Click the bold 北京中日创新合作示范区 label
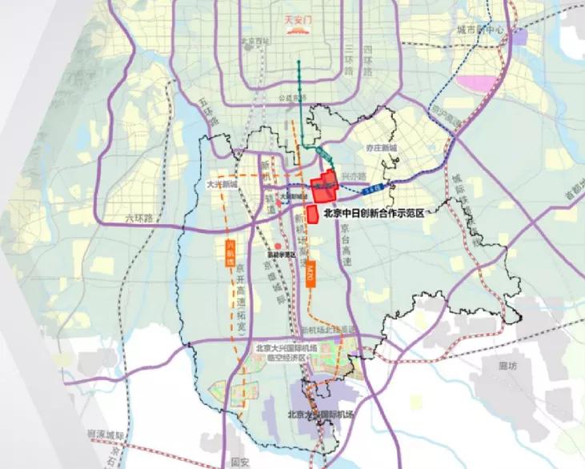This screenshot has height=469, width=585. coord(382,214)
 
